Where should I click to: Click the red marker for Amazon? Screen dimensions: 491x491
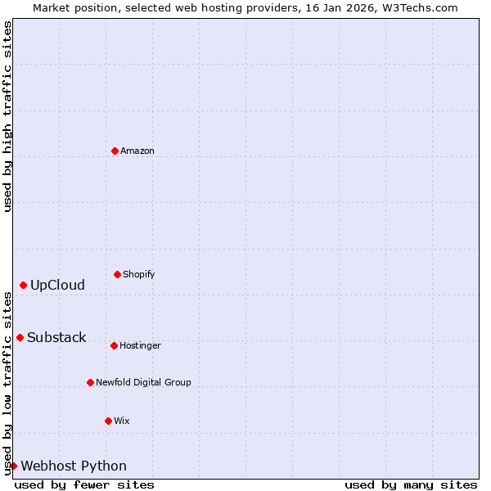click(x=115, y=151)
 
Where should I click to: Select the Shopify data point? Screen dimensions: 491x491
click(x=117, y=274)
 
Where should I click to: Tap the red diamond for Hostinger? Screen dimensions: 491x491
click(x=114, y=345)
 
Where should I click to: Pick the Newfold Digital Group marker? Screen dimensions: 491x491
click(x=90, y=382)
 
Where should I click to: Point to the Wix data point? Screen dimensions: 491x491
click(x=108, y=421)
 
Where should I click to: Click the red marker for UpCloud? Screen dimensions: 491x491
click(x=23, y=285)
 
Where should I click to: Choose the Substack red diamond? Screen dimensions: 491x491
click(x=20, y=337)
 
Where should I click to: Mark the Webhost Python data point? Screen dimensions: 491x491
click(x=13, y=466)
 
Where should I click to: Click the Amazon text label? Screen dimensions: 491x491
click(x=137, y=151)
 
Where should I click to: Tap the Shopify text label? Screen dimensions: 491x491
click(x=139, y=274)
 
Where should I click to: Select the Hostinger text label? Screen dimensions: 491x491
click(x=140, y=345)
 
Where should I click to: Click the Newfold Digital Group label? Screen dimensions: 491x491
click(x=143, y=382)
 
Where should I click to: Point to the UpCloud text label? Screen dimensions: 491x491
click(x=57, y=285)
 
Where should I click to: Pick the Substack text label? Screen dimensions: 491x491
click(x=56, y=337)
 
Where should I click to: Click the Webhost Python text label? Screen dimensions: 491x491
click(x=74, y=466)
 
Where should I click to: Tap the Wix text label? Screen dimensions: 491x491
click(x=122, y=421)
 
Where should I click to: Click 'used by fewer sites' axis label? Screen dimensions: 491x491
click(x=84, y=484)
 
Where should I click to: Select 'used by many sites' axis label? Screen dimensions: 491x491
click(x=411, y=484)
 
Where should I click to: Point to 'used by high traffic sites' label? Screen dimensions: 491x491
click(x=7, y=117)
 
